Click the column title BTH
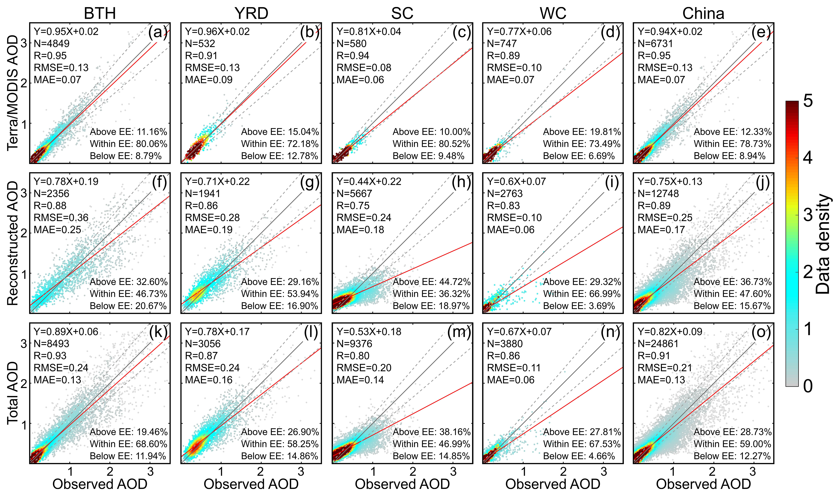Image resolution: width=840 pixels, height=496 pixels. point(100,13)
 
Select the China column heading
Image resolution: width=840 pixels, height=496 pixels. point(703,13)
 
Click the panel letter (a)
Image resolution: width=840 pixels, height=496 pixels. point(158,32)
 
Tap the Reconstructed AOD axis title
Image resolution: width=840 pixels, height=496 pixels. point(13,243)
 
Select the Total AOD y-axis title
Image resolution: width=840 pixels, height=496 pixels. point(13,393)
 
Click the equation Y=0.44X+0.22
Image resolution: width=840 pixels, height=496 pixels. point(369,181)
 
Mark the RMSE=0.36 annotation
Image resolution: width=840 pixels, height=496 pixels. point(61,218)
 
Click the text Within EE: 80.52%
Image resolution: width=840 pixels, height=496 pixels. point(431,144)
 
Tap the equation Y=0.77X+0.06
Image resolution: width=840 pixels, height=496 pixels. point(519,31)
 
